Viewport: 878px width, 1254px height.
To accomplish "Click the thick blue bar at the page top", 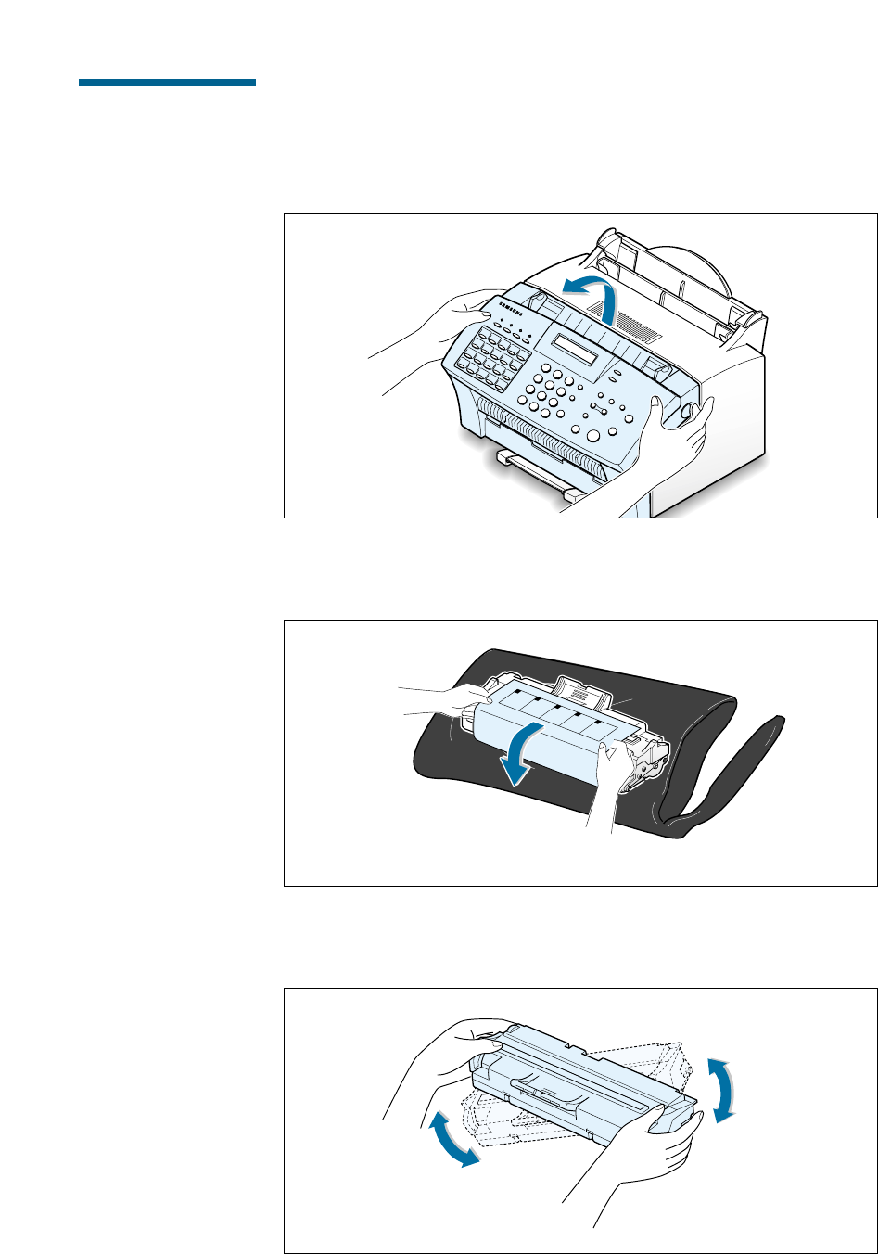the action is click(x=167, y=83).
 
